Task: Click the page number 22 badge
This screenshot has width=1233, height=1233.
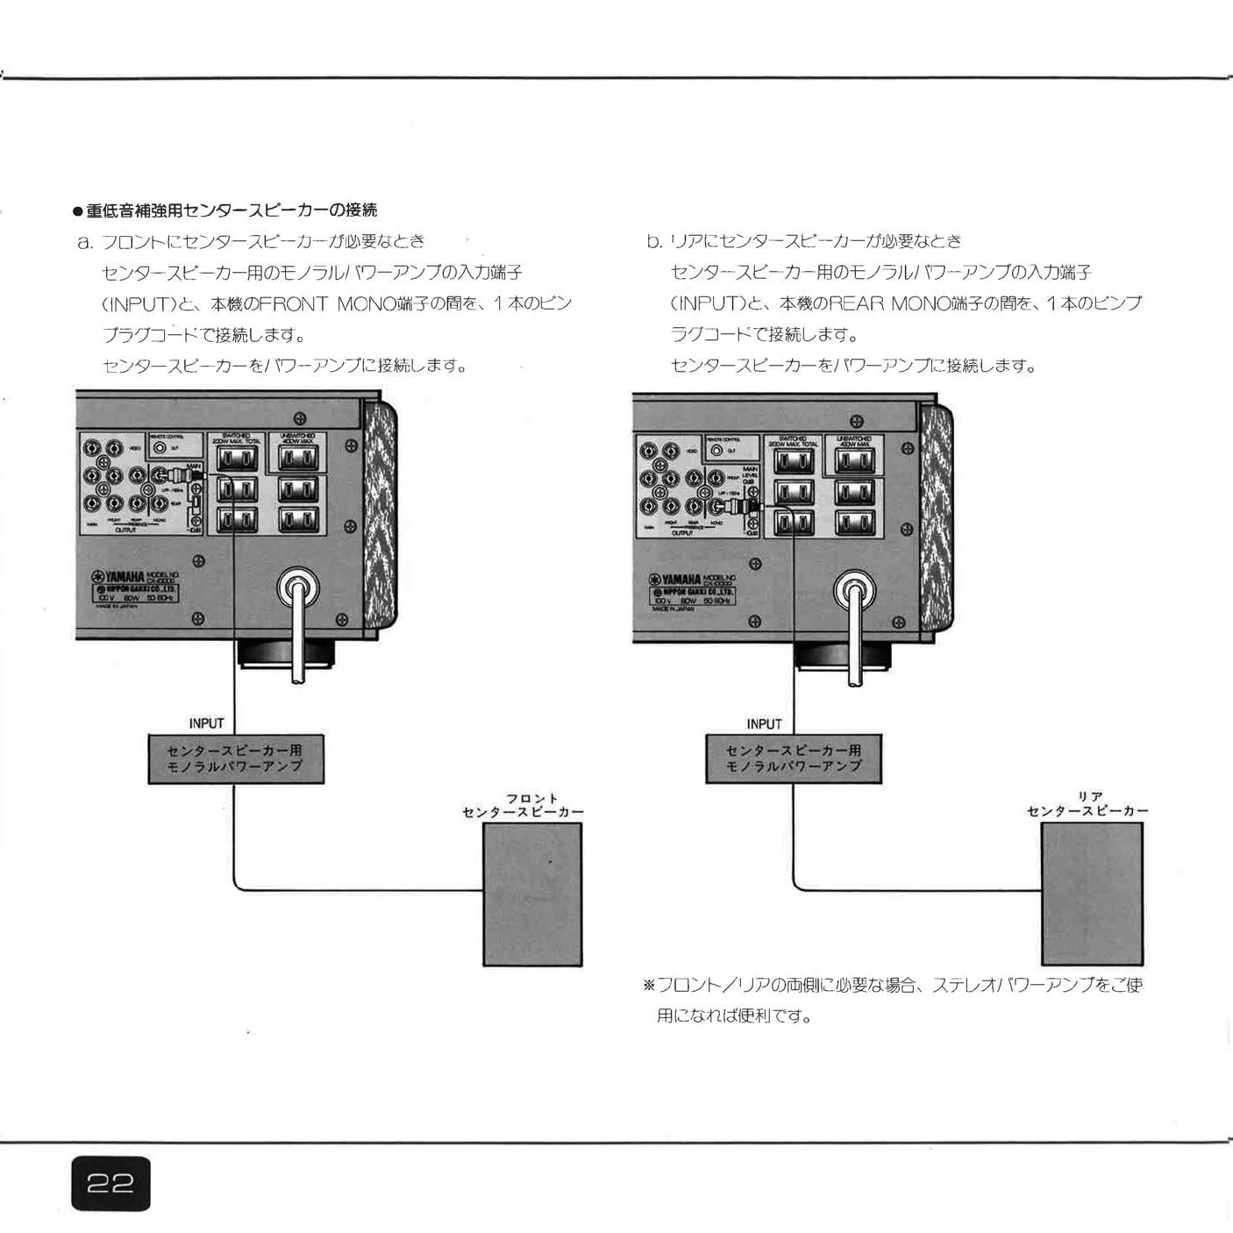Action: pyautogui.click(x=110, y=1184)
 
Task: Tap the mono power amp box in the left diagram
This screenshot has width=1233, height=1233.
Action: pyautogui.click(x=235, y=759)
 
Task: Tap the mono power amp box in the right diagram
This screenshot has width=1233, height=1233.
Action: pyautogui.click(x=793, y=759)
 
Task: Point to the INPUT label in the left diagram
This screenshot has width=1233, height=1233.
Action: pyautogui.click(x=206, y=723)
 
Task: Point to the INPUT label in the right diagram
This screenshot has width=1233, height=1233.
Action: pyautogui.click(x=764, y=723)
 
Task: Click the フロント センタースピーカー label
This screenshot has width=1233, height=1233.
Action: pyautogui.click(x=524, y=806)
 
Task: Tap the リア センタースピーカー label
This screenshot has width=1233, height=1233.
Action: pyautogui.click(x=1087, y=804)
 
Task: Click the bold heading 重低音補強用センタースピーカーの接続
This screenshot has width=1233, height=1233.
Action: pyautogui.click(x=231, y=210)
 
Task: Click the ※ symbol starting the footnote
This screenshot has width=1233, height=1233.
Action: pyautogui.click(x=649, y=985)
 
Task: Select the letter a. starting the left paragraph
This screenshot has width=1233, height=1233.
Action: pyautogui.click(x=85, y=241)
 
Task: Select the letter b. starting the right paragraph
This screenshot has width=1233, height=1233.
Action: pyautogui.click(x=654, y=241)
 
